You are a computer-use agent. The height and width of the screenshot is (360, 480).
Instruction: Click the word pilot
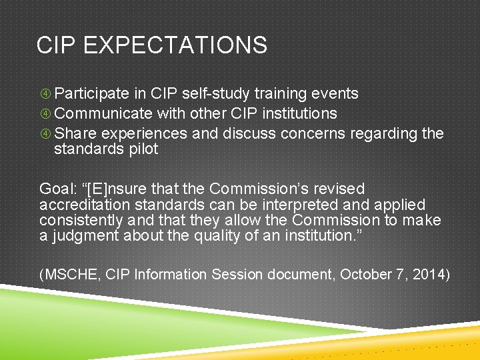tap(143, 149)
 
